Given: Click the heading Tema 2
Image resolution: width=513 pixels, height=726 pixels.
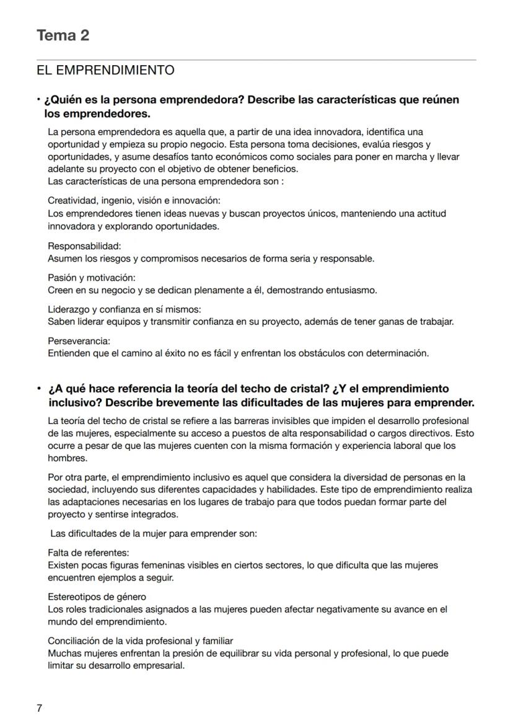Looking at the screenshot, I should click(x=63, y=35).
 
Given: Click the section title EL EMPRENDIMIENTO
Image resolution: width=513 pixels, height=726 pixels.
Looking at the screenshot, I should click(x=105, y=70).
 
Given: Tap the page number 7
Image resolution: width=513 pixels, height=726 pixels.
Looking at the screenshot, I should click(x=39, y=708).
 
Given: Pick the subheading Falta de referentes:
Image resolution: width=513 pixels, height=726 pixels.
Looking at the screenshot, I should click(x=88, y=552).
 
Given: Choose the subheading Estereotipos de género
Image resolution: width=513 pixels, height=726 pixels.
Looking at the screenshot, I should click(x=97, y=596).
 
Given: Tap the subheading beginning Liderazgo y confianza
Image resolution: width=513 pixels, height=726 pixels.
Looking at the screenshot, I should click(x=124, y=309).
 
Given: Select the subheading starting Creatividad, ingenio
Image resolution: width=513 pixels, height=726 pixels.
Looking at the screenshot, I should click(x=134, y=201).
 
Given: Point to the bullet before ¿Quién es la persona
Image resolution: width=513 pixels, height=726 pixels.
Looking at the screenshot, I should click(x=38, y=99).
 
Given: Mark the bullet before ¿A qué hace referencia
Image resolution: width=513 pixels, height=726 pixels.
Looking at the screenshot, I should click(x=38, y=389).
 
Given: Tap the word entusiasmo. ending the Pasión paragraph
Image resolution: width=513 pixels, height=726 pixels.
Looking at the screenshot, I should click(x=351, y=290).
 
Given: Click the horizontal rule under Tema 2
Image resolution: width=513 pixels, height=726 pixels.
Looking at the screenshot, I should click(x=256, y=60).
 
